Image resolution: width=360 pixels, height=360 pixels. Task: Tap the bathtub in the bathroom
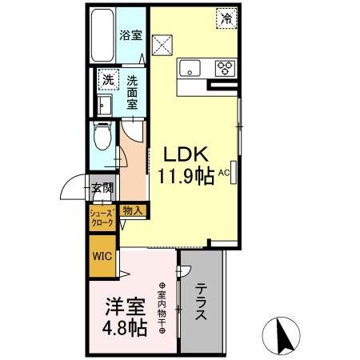coord(102,36)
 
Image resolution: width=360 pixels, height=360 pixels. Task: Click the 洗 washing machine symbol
coord(106,80)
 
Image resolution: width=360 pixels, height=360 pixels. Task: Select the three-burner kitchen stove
coord(226,66)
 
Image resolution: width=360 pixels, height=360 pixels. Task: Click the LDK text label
coord(188,154)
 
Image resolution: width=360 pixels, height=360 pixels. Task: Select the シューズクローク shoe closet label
coord(101,218)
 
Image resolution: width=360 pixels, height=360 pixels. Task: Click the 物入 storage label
coord(133,210)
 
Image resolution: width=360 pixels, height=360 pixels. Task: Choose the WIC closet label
coord(102,257)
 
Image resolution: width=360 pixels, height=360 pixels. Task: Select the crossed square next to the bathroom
coord(163,43)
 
